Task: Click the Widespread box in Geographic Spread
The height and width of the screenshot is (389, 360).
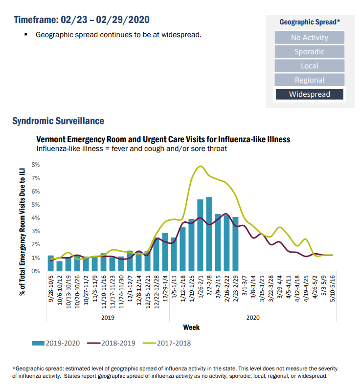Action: [309, 94]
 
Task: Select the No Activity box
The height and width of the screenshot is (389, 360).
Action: [309, 38]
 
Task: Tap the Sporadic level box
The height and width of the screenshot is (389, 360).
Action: [309, 52]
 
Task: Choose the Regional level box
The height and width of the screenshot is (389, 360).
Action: [309, 80]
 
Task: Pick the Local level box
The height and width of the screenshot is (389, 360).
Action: [309, 66]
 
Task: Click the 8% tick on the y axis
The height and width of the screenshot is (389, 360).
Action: [36, 165]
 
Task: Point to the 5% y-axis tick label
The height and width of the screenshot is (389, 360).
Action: [36, 204]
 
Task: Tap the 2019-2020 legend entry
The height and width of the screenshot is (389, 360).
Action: [58, 343]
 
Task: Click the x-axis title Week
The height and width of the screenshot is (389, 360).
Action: [191, 327]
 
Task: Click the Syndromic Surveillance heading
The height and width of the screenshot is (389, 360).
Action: [58, 121]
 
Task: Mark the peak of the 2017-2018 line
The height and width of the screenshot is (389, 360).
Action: [200, 166]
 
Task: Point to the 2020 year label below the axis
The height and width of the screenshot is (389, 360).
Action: [253, 317]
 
